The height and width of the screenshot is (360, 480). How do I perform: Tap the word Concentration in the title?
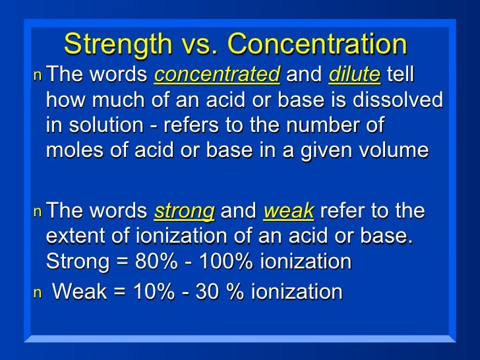317,45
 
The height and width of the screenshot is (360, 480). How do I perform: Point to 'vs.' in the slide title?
200,45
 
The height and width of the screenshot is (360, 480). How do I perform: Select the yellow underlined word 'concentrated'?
217,75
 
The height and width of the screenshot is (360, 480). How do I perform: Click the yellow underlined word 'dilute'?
354,75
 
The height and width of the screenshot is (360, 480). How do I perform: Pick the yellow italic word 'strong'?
184,212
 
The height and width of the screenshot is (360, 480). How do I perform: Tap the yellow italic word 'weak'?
289,212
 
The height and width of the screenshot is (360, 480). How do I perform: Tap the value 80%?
154,262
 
